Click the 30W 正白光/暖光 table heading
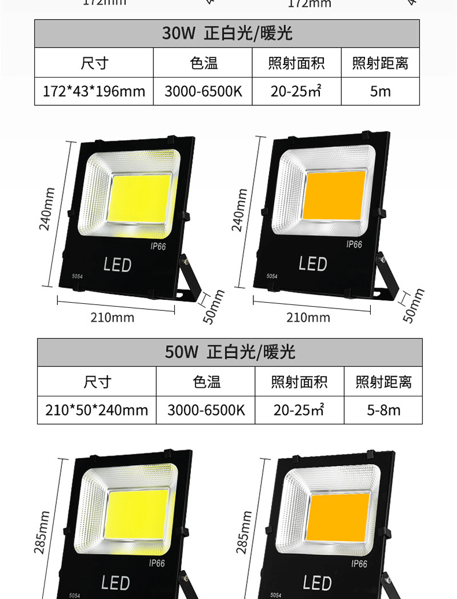(x=227, y=33)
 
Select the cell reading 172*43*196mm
(x=94, y=91)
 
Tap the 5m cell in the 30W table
(x=380, y=91)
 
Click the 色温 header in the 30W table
(x=204, y=63)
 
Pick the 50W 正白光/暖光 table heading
(x=230, y=352)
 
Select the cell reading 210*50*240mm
(x=97, y=410)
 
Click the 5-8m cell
(x=383, y=410)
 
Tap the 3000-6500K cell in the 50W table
(x=206, y=410)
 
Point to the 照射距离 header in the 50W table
(x=383, y=382)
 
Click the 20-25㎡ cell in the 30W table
(x=296, y=91)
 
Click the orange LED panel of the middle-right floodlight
(x=334, y=195)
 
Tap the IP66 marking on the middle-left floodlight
(x=158, y=246)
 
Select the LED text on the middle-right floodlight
(x=313, y=264)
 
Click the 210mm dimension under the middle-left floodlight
(x=112, y=317)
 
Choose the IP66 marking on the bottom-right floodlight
(x=359, y=564)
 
